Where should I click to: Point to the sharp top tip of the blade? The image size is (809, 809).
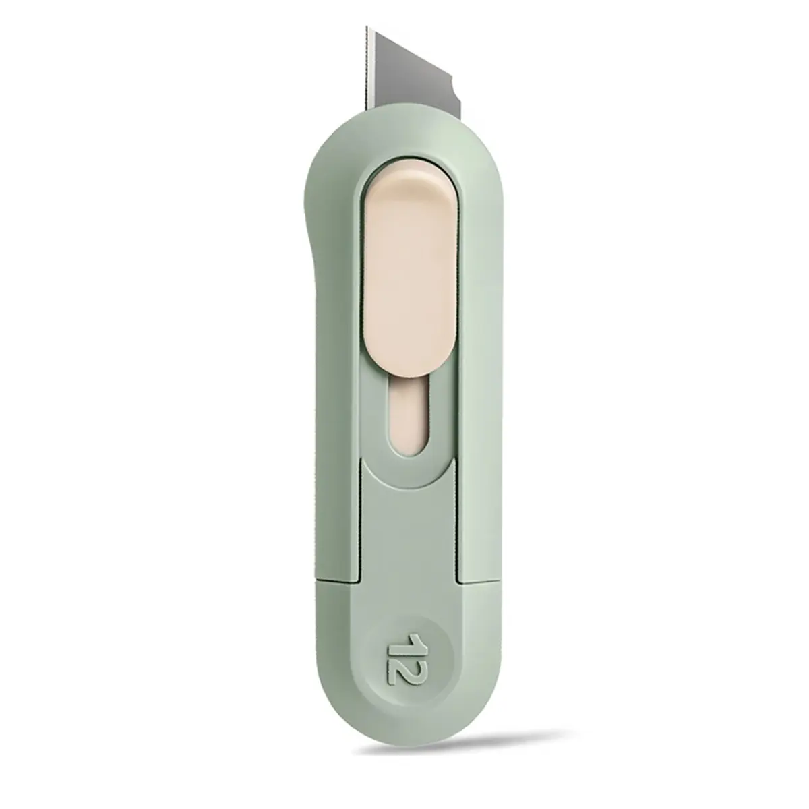point(367,27)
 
